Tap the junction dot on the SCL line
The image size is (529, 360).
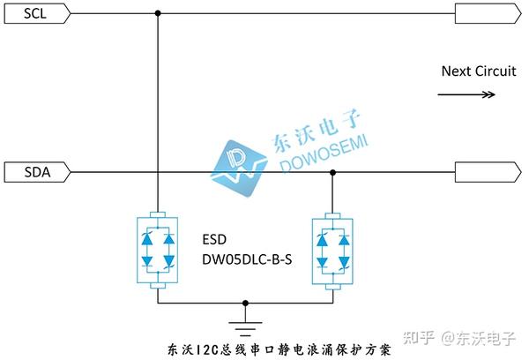point(158,13)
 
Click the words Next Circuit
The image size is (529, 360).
point(479,71)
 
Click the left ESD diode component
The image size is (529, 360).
point(158,250)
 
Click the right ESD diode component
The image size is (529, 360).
point(332,250)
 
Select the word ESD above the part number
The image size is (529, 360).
point(215,238)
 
